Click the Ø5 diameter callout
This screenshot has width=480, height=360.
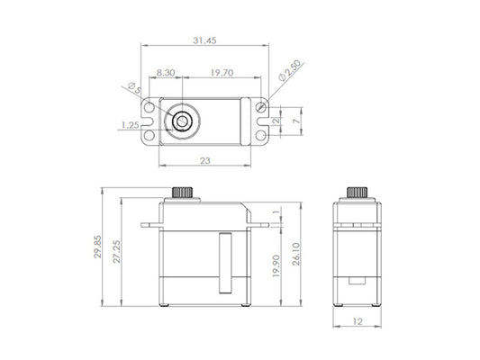click(132, 87)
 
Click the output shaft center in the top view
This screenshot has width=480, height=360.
click(182, 120)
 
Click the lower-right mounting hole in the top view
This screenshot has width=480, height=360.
click(261, 136)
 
